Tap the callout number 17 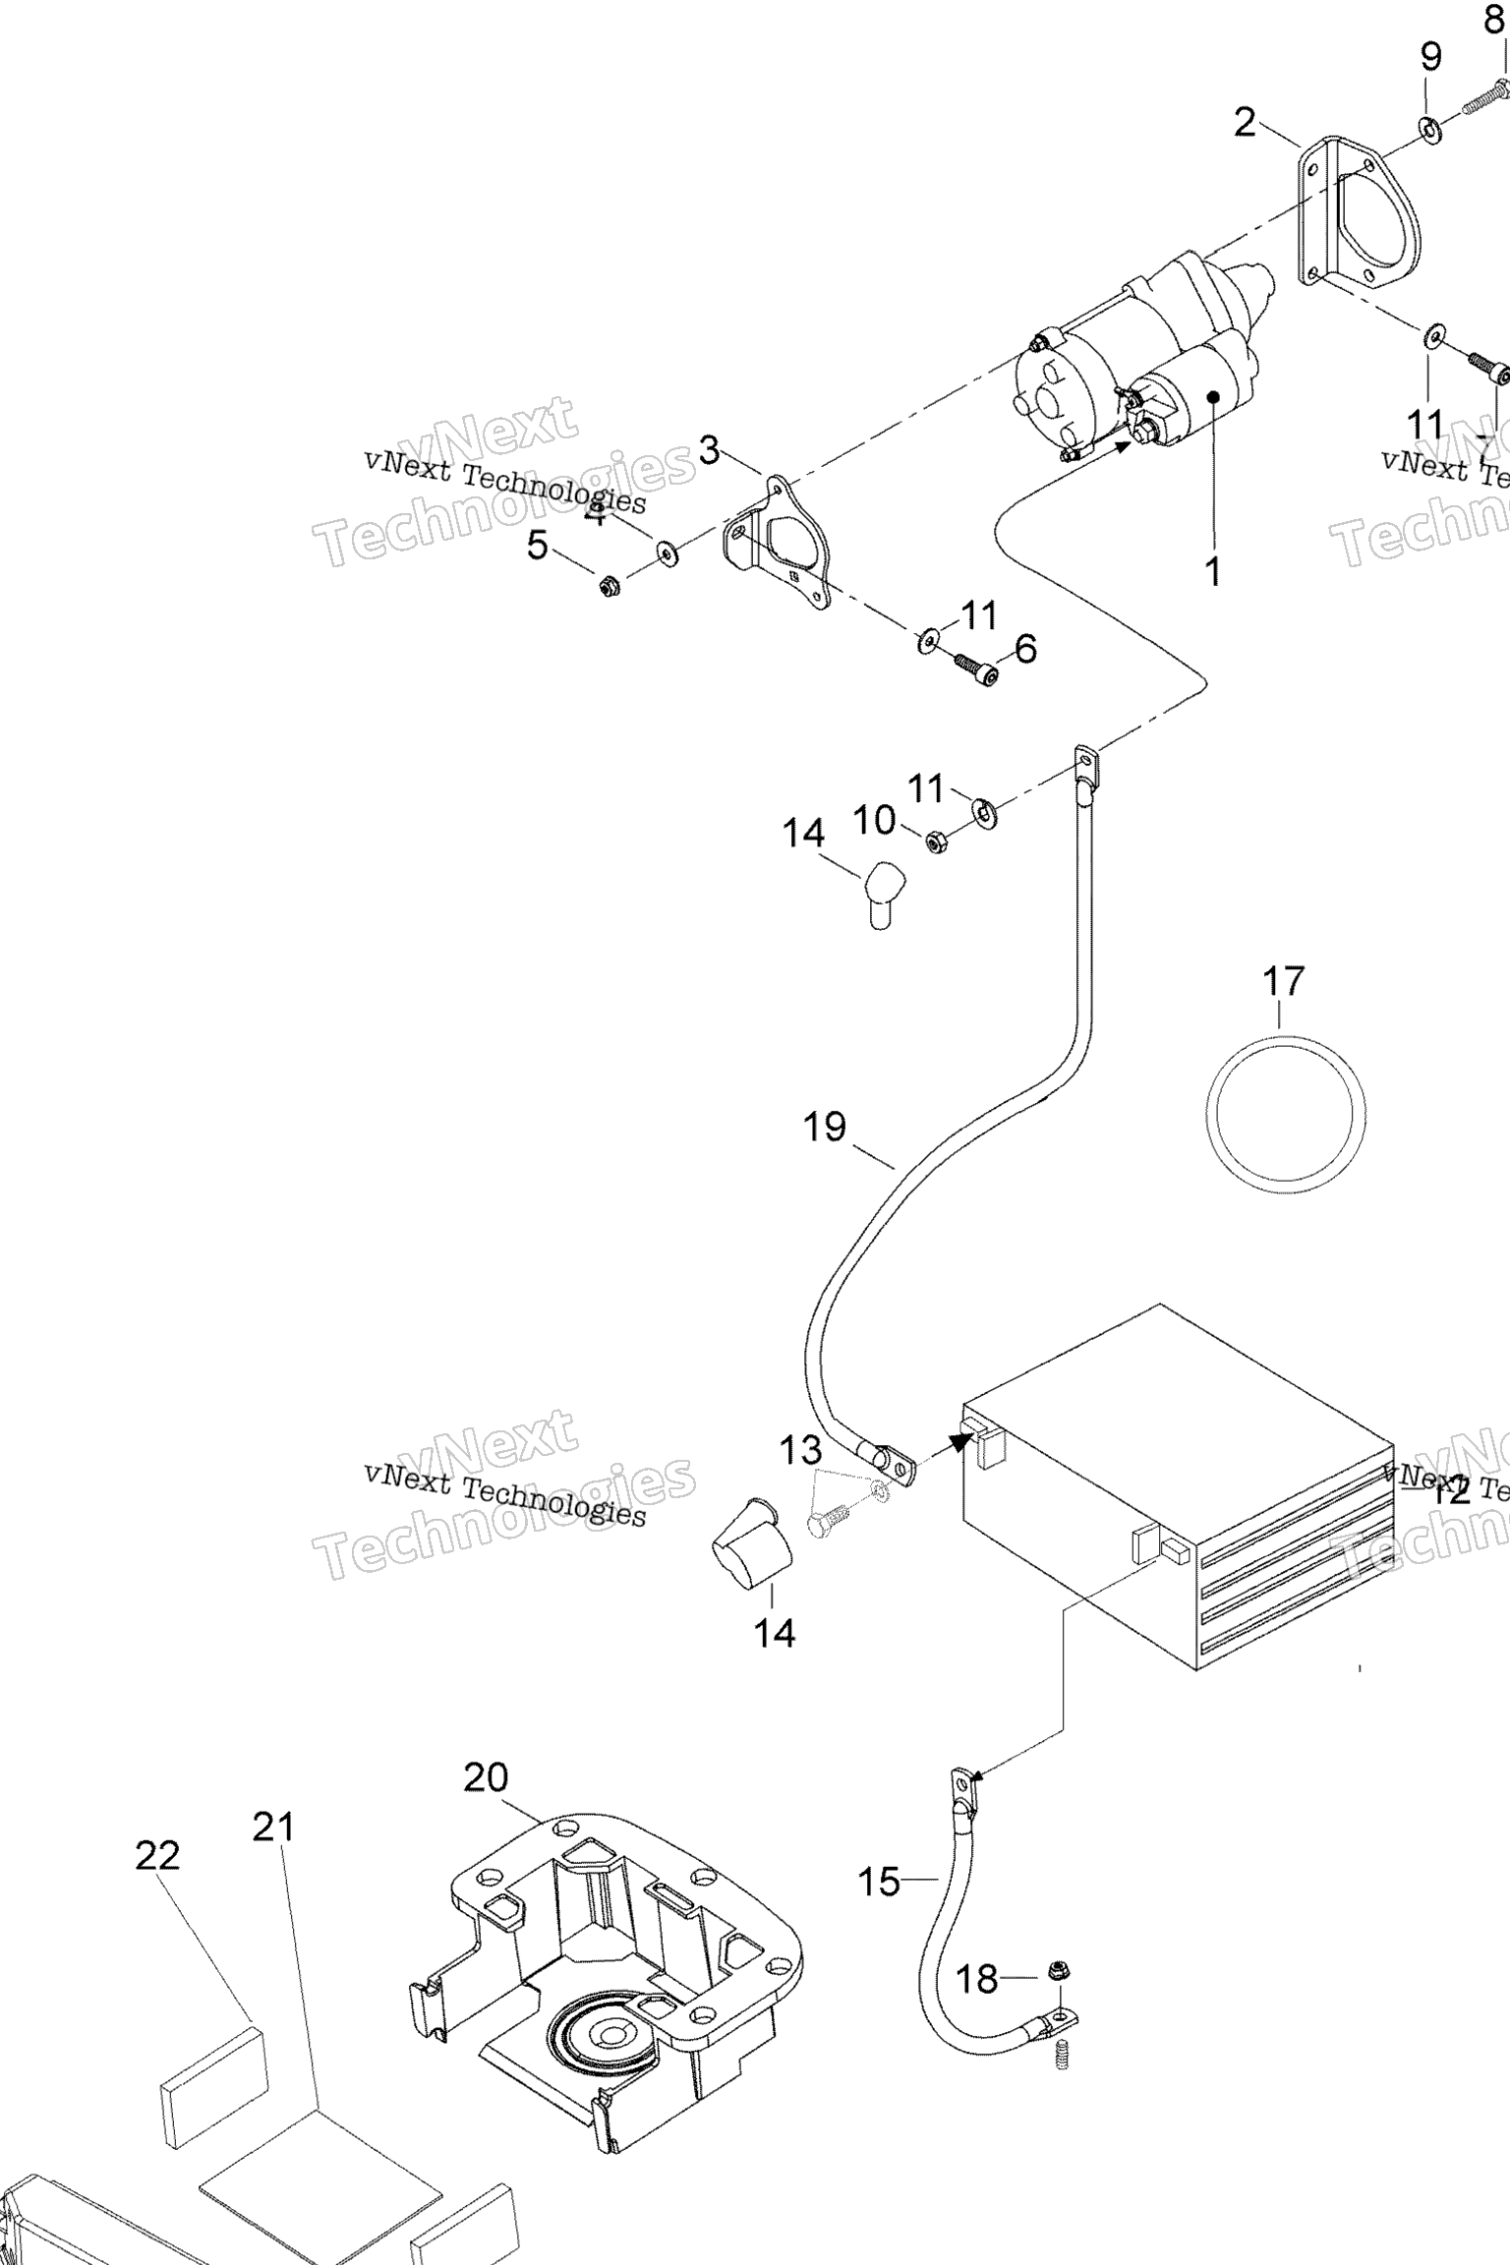(x=1283, y=981)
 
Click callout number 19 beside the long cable (x=824, y=1128)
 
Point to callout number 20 (x=487, y=1778)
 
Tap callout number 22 (x=157, y=1856)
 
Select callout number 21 (x=273, y=1827)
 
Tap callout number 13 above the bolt (x=800, y=1449)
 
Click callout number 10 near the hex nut (x=874, y=820)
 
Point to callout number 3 (x=709, y=451)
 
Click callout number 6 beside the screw (x=1024, y=649)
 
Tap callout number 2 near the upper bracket (x=1245, y=123)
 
